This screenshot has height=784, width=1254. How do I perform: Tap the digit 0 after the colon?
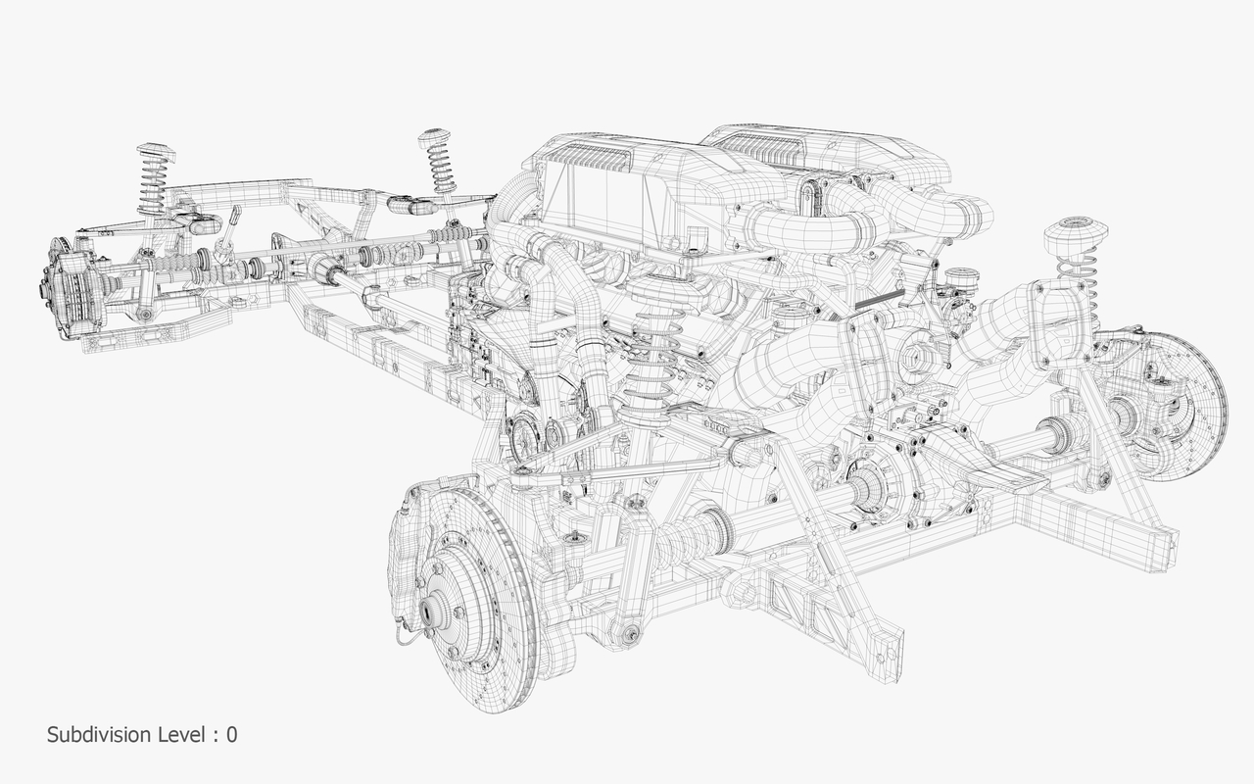pyautogui.click(x=231, y=734)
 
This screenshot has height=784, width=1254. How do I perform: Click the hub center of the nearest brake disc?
pyautogui.click(x=431, y=612)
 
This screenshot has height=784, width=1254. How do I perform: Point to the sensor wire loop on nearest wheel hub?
pyautogui.click(x=402, y=637)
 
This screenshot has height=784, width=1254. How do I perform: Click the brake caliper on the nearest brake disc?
pyautogui.click(x=407, y=549)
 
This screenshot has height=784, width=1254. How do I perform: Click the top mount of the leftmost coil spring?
pyautogui.click(x=154, y=153)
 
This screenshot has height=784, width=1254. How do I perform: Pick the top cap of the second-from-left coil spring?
pyautogui.click(x=435, y=138)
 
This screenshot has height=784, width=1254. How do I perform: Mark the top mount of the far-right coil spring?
pyautogui.click(x=1075, y=233)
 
